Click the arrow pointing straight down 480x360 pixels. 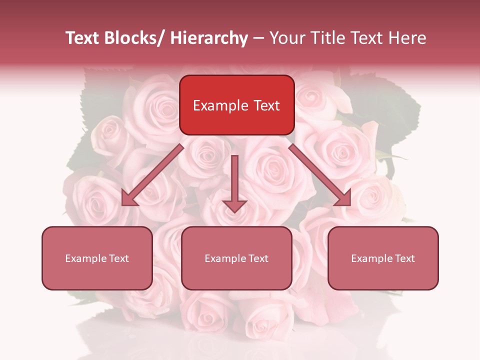pyautogui.click(x=234, y=180)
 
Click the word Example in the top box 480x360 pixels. pyautogui.click(x=220, y=105)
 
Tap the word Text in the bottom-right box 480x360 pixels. pyautogui.click(x=404, y=258)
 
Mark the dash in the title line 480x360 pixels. pyautogui.click(x=258, y=38)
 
